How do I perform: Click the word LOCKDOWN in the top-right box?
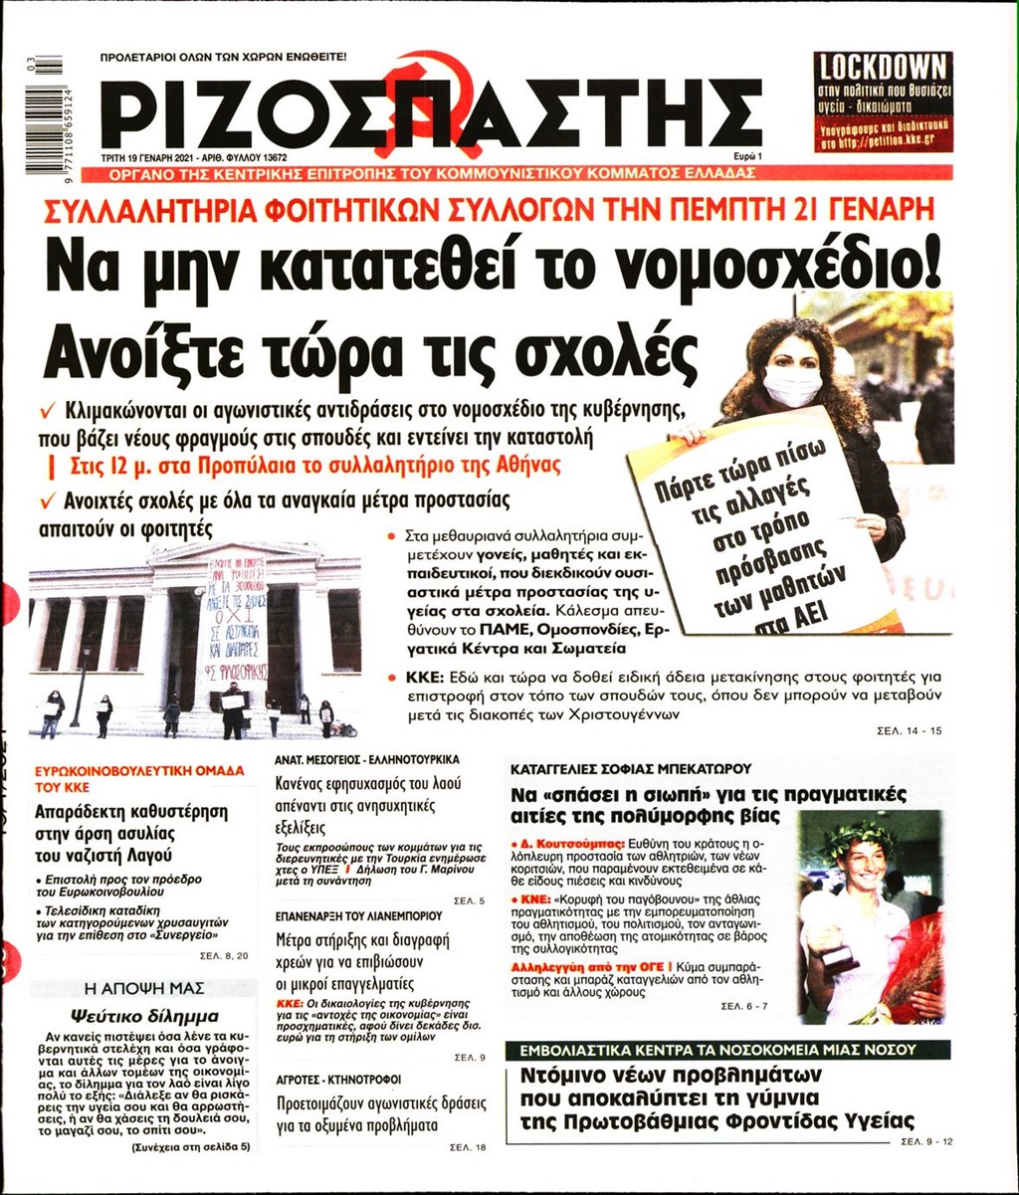click(x=882, y=68)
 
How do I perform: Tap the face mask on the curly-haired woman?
click(x=792, y=385)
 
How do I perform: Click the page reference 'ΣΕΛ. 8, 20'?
click(x=228, y=956)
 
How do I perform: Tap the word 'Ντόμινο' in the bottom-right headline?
click(x=576, y=1077)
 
